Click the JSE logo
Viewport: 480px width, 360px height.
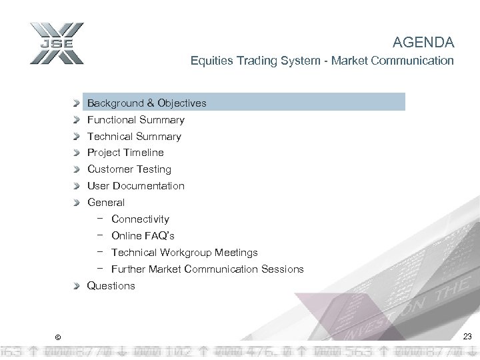coord(56,43)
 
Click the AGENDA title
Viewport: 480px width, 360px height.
coord(423,43)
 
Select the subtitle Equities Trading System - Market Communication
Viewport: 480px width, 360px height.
coord(322,61)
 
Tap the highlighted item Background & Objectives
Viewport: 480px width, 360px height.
coord(147,103)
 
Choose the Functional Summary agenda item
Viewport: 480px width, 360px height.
coord(136,120)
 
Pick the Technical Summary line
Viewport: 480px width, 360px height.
coord(134,137)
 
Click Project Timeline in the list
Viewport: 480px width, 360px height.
coord(125,153)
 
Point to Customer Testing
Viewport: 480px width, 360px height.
coord(129,169)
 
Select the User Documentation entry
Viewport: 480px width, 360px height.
coord(136,186)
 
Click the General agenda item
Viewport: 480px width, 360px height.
coord(106,203)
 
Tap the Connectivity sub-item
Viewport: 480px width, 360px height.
coord(140,219)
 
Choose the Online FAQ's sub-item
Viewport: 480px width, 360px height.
coord(143,236)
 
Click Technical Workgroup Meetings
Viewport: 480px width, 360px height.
coord(184,253)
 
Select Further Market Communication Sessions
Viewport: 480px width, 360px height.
coord(207,269)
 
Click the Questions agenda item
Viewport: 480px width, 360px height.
coord(111,286)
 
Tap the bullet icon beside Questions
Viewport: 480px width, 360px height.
coord(79,286)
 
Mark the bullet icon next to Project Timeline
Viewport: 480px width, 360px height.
coord(79,153)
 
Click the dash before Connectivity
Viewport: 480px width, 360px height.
coord(99,219)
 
